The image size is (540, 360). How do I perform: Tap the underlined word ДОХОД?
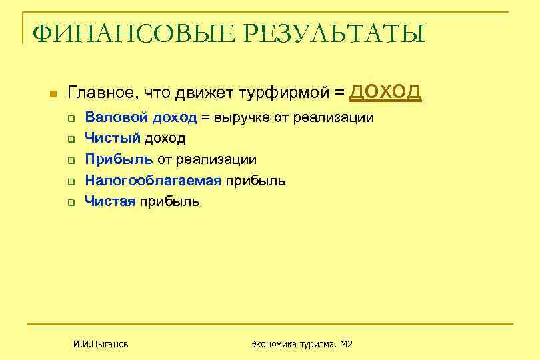[x=385, y=91]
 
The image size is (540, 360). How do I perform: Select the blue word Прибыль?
[x=119, y=159]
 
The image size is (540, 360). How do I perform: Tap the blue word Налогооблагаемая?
[x=153, y=180]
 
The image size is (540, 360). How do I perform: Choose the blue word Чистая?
[x=110, y=201]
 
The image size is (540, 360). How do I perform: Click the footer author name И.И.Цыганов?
[x=101, y=344]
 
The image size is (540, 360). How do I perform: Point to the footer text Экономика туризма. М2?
[x=301, y=344]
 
